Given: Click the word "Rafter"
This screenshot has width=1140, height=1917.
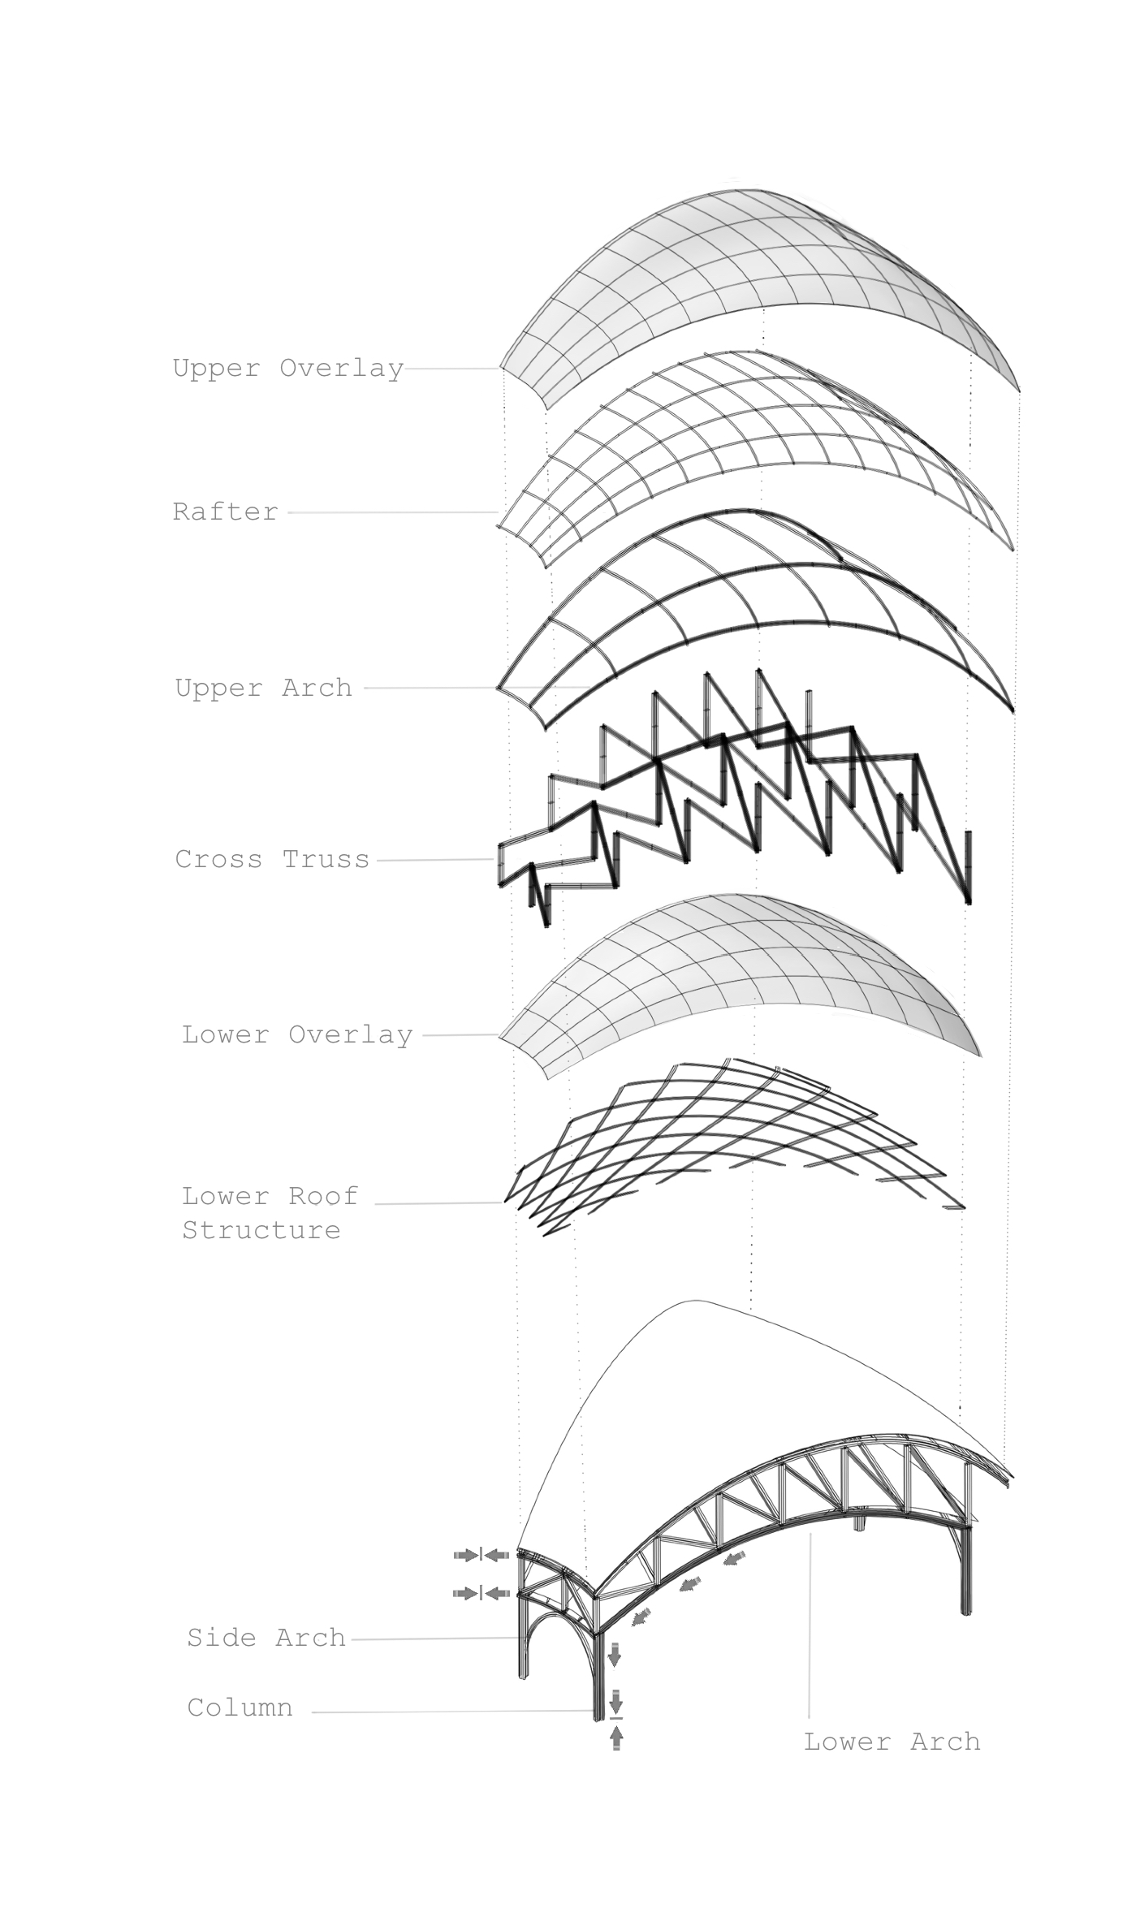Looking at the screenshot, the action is coord(226,512).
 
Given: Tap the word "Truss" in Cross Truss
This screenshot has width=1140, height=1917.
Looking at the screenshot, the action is coord(326,859).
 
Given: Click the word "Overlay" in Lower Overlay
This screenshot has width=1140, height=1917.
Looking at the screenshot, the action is coord(351,1034).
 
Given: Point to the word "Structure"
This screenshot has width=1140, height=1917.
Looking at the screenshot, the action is coord(261,1230).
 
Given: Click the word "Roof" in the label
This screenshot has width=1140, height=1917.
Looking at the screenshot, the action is coord(323,1196).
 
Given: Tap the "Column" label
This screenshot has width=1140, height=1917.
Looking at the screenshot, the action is coord(240,1708).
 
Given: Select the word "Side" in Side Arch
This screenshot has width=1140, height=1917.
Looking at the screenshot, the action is coord(222,1638).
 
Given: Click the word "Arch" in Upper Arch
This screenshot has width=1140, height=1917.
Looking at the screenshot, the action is coord(317,688).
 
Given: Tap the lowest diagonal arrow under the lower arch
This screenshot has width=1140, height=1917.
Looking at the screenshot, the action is coord(642,1617).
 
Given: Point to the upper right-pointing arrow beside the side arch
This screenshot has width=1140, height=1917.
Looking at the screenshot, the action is coord(467,1555).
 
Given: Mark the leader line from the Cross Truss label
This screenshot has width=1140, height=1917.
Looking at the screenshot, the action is coord(435,860).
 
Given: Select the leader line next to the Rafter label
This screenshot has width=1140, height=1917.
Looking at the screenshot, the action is coord(393,512).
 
